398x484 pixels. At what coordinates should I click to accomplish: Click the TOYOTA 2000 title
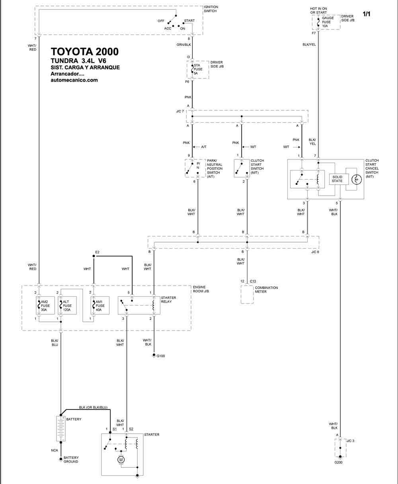pyautogui.click(x=85, y=52)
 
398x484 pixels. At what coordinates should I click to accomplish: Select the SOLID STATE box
pyautogui.click(x=339, y=179)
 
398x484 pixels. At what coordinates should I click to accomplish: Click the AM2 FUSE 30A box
pyautogui.click(x=45, y=306)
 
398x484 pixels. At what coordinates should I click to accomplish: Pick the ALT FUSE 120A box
pyautogui.click(x=67, y=306)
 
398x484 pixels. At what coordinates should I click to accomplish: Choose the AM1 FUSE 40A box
pyautogui.click(x=100, y=306)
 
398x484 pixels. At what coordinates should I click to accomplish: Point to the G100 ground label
pyautogui.click(x=161, y=356)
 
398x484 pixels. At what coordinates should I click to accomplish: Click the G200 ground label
pyautogui.click(x=338, y=462)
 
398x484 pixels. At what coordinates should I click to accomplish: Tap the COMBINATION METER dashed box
pyautogui.click(x=247, y=294)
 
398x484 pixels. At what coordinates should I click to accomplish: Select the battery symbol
pyautogui.click(x=61, y=428)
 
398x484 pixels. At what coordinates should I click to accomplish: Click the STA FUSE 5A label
pyautogui.click(x=198, y=69)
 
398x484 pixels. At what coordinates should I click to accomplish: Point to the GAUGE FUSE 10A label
pyautogui.click(x=328, y=22)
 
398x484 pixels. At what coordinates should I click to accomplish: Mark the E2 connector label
pyautogui.click(x=97, y=252)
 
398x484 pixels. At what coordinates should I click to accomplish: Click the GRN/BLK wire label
pyautogui.click(x=183, y=45)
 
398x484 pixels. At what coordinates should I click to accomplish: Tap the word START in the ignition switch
pyautogui.click(x=189, y=21)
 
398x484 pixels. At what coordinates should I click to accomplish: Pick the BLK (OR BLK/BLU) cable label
pyautogui.click(x=93, y=408)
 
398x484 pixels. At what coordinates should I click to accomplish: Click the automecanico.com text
pyautogui.click(x=74, y=80)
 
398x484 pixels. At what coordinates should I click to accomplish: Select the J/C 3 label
pyautogui.click(x=350, y=441)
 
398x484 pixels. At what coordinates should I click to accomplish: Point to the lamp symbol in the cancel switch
pyautogui.click(x=357, y=179)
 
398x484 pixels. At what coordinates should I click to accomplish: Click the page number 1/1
pyautogui.click(x=367, y=14)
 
